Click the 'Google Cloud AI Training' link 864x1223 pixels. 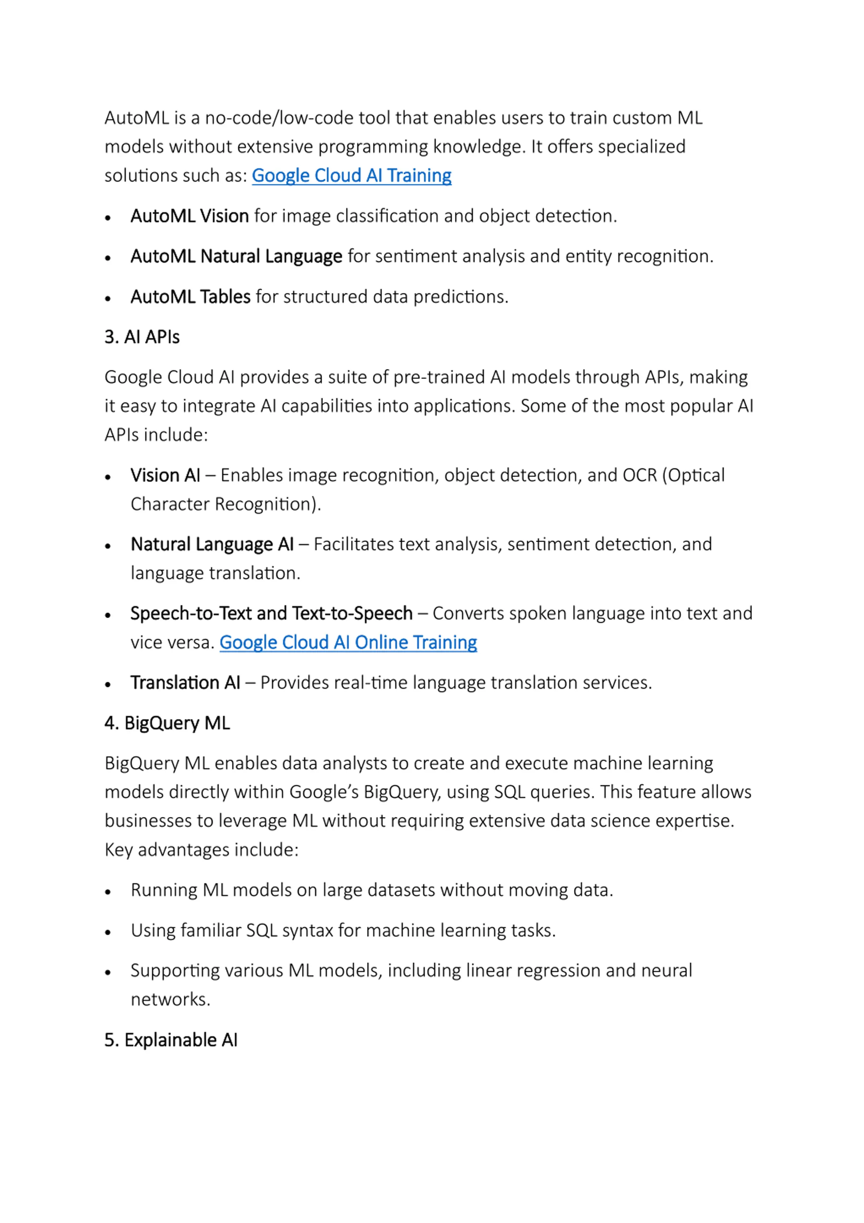tap(351, 175)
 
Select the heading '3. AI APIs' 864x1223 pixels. tap(142, 337)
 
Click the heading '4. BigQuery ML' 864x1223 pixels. tap(167, 723)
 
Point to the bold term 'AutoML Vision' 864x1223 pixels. tap(190, 216)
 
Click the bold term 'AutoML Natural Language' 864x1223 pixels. tap(236, 257)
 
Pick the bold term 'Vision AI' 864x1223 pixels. tap(165, 475)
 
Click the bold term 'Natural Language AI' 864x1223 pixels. tap(212, 544)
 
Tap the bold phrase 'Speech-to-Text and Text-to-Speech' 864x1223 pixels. tap(271, 614)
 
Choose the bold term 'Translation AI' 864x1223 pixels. tap(185, 683)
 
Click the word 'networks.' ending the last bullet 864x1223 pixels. tap(170, 999)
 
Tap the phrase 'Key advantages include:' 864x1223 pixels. tap(201, 849)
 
